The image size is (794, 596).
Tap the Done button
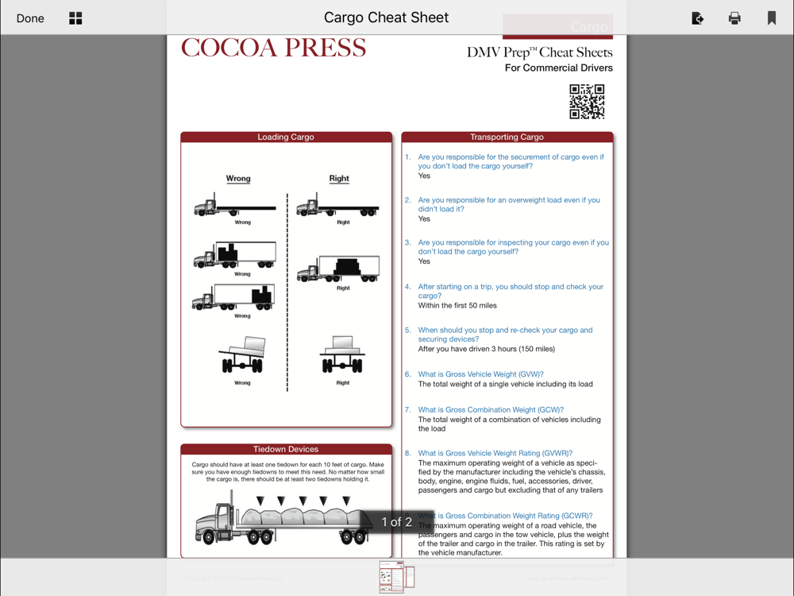pyautogui.click(x=30, y=18)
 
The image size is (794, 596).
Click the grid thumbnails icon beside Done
pyautogui.click(x=75, y=18)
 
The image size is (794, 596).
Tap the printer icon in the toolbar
pyautogui.click(x=734, y=18)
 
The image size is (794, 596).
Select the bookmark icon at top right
pyautogui.click(x=771, y=18)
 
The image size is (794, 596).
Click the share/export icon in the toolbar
pyautogui.click(x=697, y=18)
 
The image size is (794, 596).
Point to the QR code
pyautogui.click(x=587, y=102)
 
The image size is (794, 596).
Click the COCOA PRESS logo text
pyautogui.click(x=273, y=48)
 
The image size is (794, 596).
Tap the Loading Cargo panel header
pyautogui.click(x=286, y=137)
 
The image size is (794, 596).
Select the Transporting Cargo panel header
pyautogui.click(x=507, y=137)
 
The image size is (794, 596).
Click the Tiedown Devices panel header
pyautogui.click(x=286, y=449)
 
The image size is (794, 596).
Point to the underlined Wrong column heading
pyautogui.click(x=238, y=179)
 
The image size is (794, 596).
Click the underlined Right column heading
pyautogui.click(x=339, y=179)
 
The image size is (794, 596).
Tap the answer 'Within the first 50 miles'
pyautogui.click(x=457, y=305)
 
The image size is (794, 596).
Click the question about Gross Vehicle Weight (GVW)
pyautogui.click(x=481, y=374)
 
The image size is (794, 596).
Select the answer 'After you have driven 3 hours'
pyautogui.click(x=487, y=349)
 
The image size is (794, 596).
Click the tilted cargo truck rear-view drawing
pyautogui.click(x=244, y=355)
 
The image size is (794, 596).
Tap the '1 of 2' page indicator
pyautogui.click(x=397, y=522)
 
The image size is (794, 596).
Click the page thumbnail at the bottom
pyautogui.click(x=396, y=576)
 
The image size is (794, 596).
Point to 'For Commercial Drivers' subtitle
pyautogui.click(x=558, y=68)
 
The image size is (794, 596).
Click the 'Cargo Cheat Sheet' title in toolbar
pyautogui.click(x=386, y=17)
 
